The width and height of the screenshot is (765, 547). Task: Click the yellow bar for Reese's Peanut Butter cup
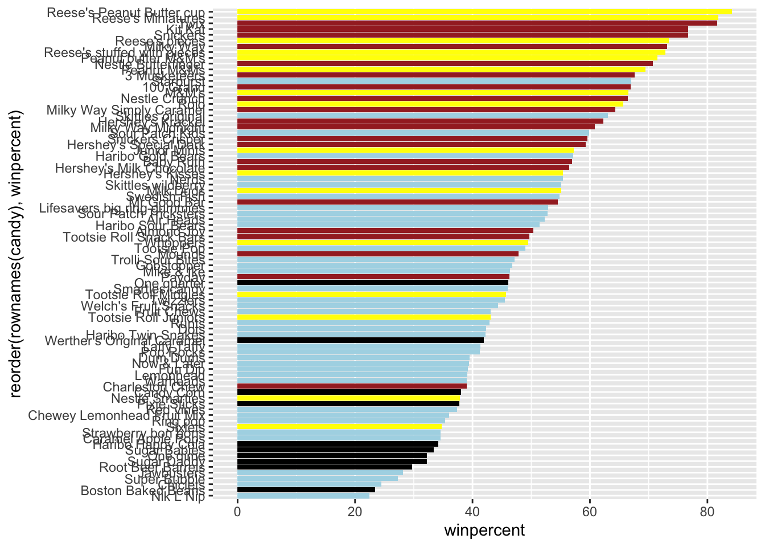(484, 11)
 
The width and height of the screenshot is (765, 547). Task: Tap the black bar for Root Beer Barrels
(324, 467)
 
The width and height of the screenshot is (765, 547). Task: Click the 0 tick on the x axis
(237, 511)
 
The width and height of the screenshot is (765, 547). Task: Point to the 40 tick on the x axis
(472, 511)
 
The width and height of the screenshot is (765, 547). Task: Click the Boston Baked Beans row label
(142, 490)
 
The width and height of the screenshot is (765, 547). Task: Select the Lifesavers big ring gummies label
(122, 207)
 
